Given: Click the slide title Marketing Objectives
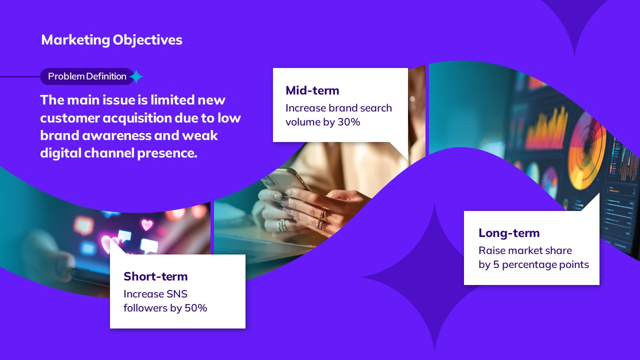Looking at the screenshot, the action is pos(111,39).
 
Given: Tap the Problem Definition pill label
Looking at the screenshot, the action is pos(87,76).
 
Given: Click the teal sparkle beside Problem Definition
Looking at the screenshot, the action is pos(136,76).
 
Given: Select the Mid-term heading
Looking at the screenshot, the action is pos(312,90).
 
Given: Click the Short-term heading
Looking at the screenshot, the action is pos(155,276).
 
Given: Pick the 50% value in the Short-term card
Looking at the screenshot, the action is pos(196,308).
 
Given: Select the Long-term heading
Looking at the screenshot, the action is pos(509,233).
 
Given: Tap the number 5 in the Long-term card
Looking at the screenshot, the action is pos(496,264).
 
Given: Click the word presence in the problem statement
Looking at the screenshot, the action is pos(167,153).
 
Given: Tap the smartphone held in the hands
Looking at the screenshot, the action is pos(285,181).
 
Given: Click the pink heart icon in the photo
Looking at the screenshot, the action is pos(147,224).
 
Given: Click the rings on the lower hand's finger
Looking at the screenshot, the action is pos(321,219).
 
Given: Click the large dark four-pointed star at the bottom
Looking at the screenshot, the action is pos(434,277).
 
